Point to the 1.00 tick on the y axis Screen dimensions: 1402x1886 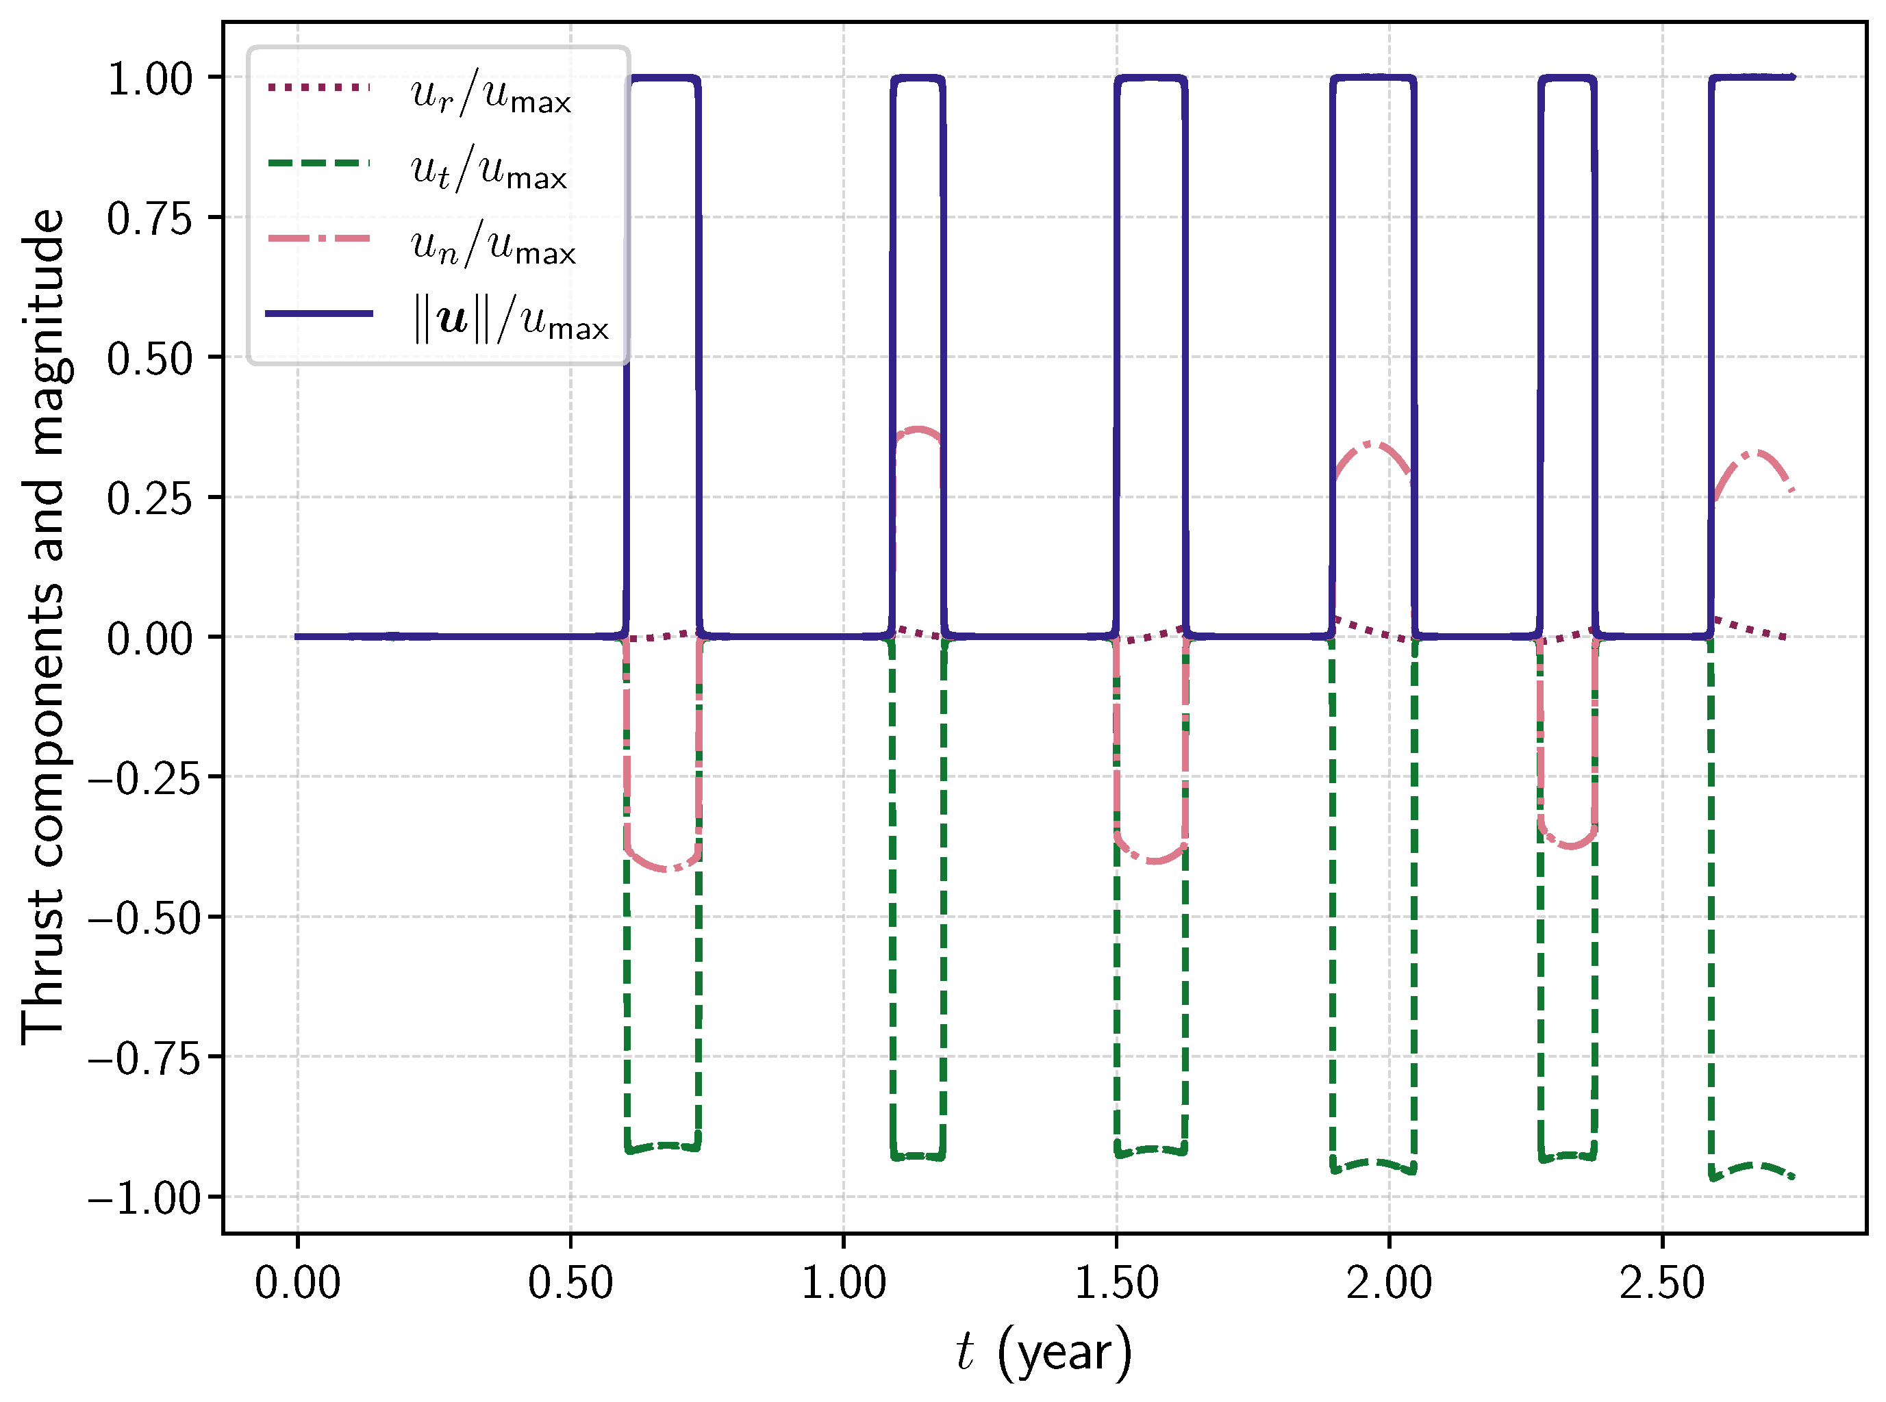[x=150, y=80]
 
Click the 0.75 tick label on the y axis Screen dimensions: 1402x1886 [x=150, y=220]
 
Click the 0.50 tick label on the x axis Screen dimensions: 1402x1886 [x=570, y=1283]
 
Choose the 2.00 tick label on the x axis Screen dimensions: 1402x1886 [x=1389, y=1283]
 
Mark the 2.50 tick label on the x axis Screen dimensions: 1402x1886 [x=1662, y=1283]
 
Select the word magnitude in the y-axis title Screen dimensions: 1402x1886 [x=44, y=331]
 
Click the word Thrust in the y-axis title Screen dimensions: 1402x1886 [x=44, y=967]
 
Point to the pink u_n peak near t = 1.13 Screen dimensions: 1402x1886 [x=918, y=429]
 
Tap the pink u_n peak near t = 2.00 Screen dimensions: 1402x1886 [x=1372, y=444]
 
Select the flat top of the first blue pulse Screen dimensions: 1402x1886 [x=662, y=78]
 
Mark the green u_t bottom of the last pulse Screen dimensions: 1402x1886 [x=1752, y=1165]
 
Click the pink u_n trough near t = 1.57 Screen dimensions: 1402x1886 [x=1153, y=861]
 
